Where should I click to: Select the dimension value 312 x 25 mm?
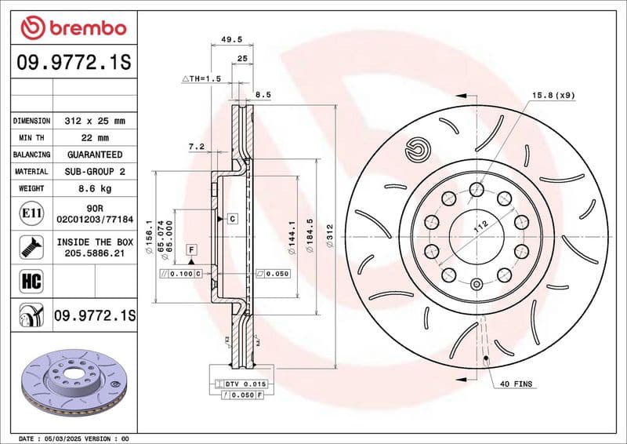click(94, 122)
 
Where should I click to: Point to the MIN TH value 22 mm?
click(94, 138)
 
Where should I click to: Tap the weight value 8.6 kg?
click(94, 188)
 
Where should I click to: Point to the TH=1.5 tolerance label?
click(202, 79)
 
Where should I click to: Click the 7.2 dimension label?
click(196, 147)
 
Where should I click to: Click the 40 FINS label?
click(515, 384)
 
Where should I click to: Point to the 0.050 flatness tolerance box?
click(274, 274)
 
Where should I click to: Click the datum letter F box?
click(190, 249)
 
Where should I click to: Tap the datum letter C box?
click(233, 219)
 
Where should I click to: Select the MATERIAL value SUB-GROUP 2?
click(94, 171)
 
